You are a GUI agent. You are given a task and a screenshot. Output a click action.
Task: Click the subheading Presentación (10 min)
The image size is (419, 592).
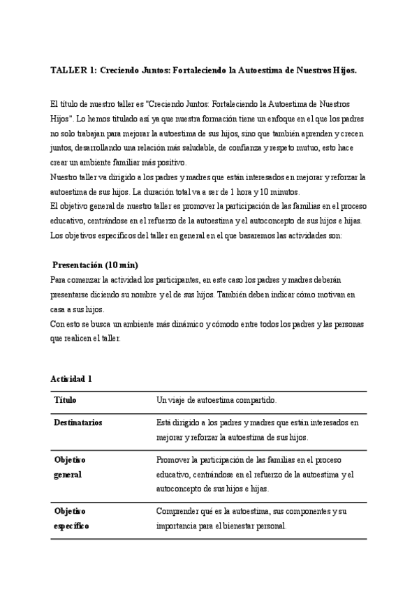[x=96, y=265]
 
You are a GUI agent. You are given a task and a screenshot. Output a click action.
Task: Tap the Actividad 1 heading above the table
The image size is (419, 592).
[x=71, y=378]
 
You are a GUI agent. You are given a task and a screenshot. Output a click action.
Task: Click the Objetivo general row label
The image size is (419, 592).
[x=69, y=468]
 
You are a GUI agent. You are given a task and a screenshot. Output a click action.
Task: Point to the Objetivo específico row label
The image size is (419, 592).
[x=71, y=519]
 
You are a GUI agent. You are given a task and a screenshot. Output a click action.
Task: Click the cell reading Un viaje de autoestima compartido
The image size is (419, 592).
[x=216, y=400]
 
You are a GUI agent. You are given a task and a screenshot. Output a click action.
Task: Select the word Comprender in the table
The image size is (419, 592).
[x=180, y=512]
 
